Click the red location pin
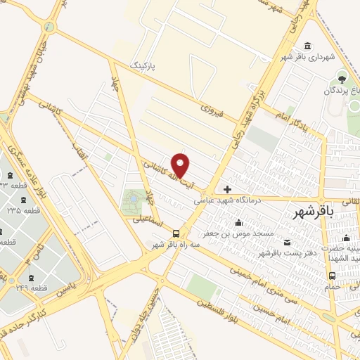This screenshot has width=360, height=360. click(x=181, y=165)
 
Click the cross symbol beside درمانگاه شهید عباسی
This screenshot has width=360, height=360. click(x=227, y=189)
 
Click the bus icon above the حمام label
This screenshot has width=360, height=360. click(x=331, y=276)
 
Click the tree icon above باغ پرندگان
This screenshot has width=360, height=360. click(x=342, y=78)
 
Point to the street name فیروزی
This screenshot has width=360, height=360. click(x=212, y=110)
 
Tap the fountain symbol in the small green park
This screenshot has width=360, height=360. click(x=131, y=202)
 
